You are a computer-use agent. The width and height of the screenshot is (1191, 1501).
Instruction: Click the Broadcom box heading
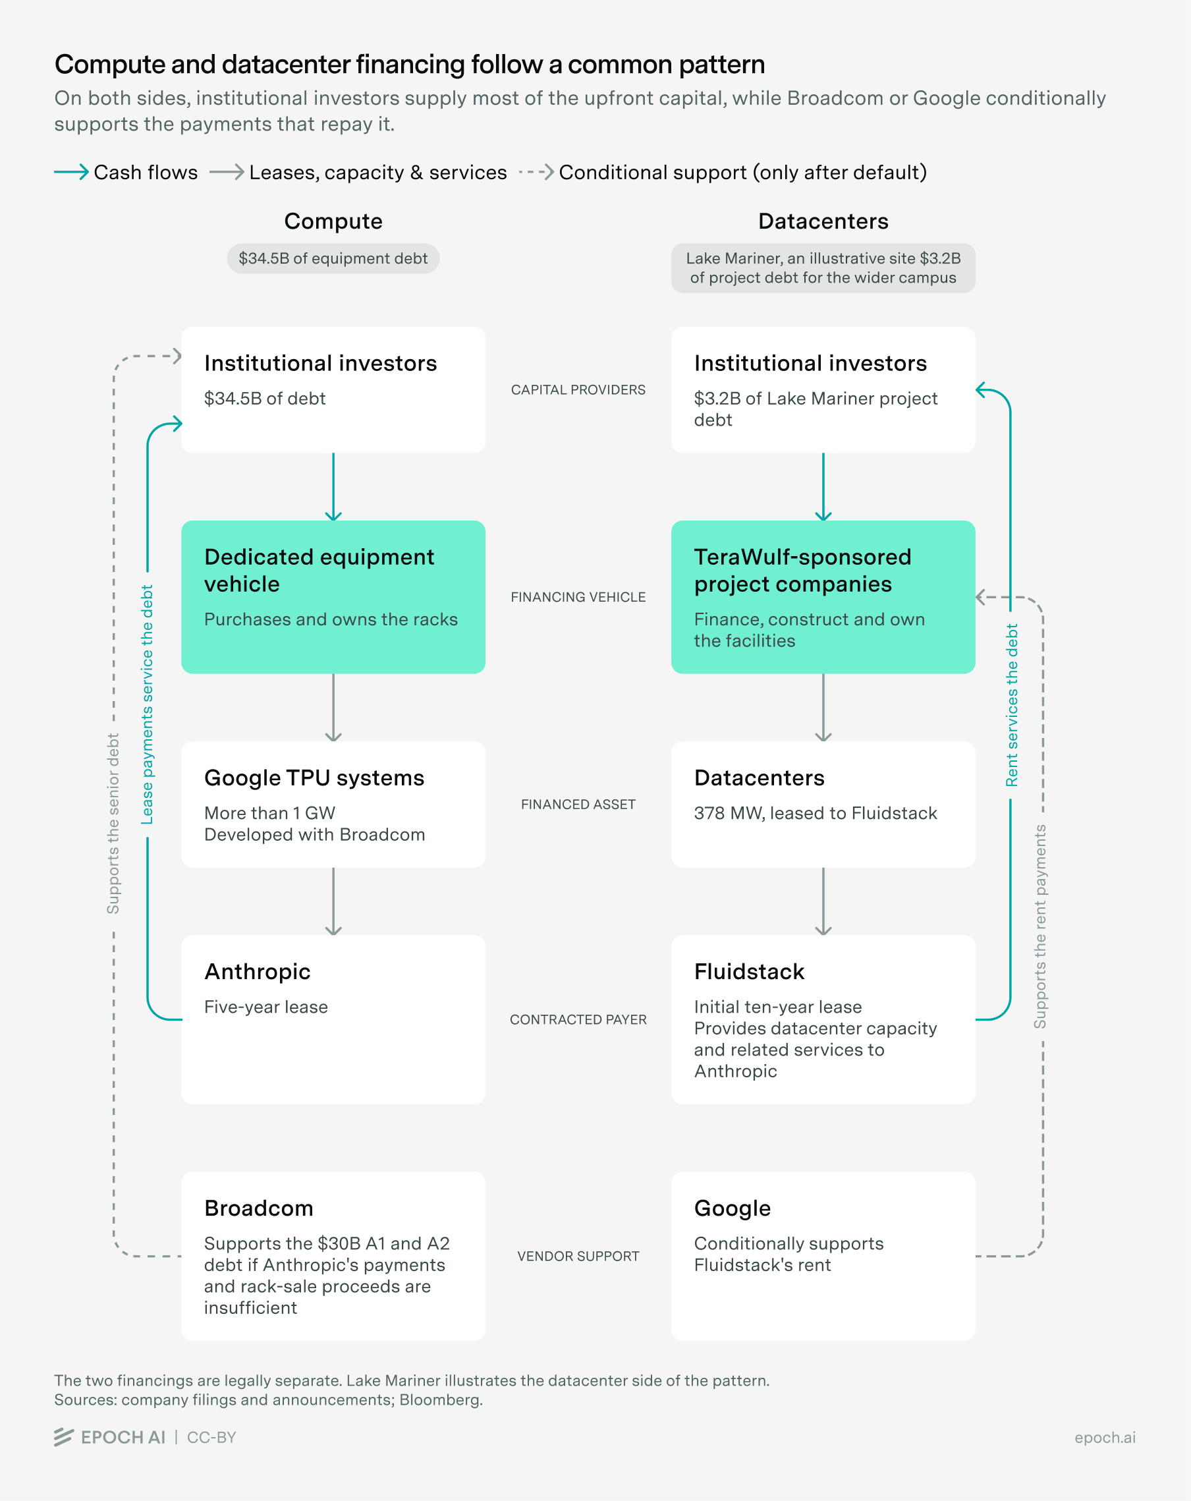point(258,1208)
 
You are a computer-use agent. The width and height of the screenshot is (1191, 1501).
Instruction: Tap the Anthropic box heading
point(257,971)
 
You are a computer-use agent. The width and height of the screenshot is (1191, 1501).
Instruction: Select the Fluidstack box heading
point(749,971)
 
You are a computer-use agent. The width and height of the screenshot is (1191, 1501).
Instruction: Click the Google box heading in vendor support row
point(733,1208)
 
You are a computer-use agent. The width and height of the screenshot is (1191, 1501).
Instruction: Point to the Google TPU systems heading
point(314,778)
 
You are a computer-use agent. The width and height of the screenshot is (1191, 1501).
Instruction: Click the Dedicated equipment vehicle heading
point(319,570)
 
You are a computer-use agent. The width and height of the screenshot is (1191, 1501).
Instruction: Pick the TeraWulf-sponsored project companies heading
point(802,570)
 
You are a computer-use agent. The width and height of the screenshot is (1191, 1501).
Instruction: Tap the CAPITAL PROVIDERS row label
point(578,390)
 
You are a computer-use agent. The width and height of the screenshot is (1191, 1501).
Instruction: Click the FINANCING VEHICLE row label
point(578,598)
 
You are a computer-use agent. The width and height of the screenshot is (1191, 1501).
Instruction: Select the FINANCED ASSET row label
point(578,805)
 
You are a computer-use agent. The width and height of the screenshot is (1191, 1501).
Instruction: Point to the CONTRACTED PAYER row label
point(578,1020)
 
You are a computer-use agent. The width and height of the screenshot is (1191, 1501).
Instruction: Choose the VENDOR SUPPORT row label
point(578,1257)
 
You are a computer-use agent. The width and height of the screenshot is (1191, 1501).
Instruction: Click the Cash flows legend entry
point(126,172)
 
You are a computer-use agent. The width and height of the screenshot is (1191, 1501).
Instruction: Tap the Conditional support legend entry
point(723,172)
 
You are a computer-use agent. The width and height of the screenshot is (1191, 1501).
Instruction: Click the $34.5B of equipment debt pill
point(333,258)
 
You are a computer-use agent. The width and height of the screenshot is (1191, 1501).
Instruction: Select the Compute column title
point(333,221)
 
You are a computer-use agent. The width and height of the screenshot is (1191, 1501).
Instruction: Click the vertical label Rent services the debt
point(1011,705)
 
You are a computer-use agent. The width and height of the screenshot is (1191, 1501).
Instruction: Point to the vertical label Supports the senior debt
point(113,824)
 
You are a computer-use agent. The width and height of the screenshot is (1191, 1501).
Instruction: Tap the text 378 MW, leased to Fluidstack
point(815,813)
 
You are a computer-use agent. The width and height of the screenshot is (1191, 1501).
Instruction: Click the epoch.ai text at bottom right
point(1105,1438)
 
